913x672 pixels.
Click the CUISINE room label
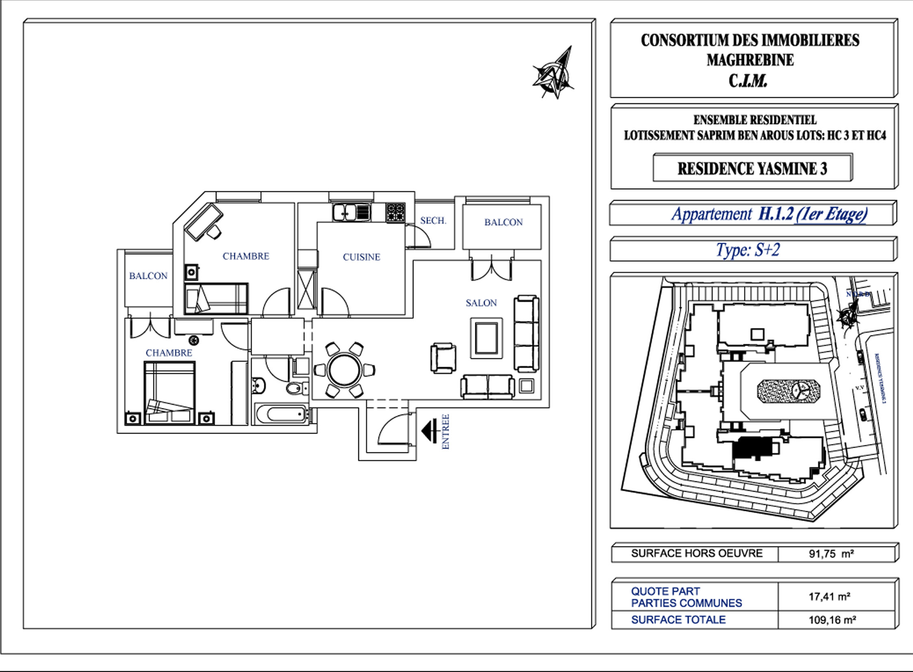[361, 257]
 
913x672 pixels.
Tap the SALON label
[481, 303]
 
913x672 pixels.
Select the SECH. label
[433, 221]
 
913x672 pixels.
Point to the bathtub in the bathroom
[281, 414]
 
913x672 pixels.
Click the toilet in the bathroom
[295, 389]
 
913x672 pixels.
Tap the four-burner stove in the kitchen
[395, 212]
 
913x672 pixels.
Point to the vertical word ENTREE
[446, 431]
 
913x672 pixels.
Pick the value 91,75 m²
[831, 554]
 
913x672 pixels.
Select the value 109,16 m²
[832, 620]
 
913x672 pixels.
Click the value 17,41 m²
[829, 597]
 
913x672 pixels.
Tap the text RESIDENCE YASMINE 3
[752, 169]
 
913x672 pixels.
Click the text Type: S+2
[748, 250]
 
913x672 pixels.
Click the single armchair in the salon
[443, 358]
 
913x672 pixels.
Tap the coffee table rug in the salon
[487, 338]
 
